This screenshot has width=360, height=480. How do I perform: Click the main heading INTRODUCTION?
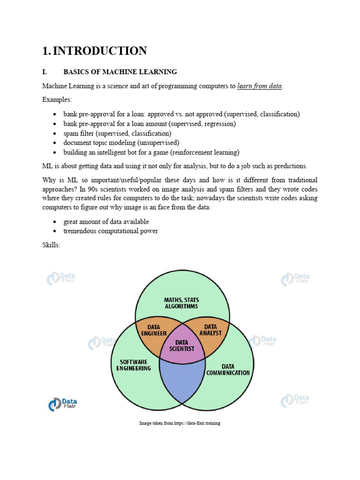pyautogui.click(x=99, y=51)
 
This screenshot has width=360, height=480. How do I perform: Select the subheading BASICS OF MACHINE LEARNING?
pyautogui.click(x=120, y=72)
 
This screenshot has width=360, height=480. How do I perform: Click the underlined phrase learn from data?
pyautogui.click(x=260, y=86)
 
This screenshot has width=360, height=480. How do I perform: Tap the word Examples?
pyautogui.click(x=57, y=100)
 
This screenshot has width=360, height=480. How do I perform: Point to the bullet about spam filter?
pyautogui.click(x=117, y=133)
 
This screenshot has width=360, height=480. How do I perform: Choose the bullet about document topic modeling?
pyautogui.click(x=121, y=142)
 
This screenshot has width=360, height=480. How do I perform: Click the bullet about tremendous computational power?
pyautogui.click(x=111, y=231)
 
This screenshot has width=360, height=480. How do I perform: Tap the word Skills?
pyautogui.click(x=51, y=245)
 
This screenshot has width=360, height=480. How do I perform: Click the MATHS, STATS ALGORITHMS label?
pyautogui.click(x=181, y=303)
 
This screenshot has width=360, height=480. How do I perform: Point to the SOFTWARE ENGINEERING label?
pyautogui.click(x=133, y=365)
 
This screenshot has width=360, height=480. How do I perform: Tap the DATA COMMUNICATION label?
pyautogui.click(x=228, y=369)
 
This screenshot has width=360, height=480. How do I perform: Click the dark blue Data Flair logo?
pyautogui.click(x=62, y=404)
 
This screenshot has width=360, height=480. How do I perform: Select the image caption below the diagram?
pyautogui.click(x=180, y=423)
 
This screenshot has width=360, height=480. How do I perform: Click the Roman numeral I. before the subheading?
pyautogui.click(x=45, y=72)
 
